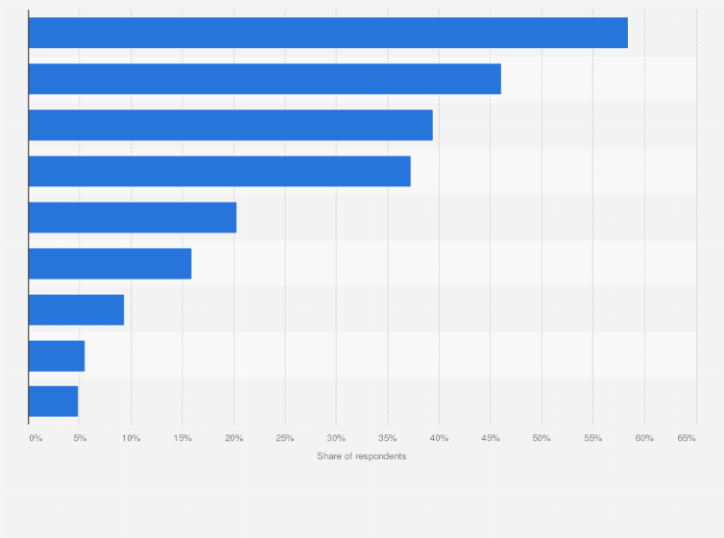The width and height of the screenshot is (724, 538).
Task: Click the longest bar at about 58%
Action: pos(327,33)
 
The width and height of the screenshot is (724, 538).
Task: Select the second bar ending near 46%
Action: pos(264,79)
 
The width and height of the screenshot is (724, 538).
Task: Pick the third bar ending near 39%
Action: pos(230,125)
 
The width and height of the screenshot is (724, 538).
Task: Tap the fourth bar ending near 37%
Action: pos(219,171)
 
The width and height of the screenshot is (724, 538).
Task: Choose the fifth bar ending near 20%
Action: pos(133,217)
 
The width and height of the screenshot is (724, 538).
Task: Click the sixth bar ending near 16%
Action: pos(109,263)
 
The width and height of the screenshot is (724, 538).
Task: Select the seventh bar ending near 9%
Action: pos(76,309)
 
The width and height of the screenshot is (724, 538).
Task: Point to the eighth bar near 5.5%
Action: pos(57,355)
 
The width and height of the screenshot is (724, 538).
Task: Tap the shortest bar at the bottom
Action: pos(53,402)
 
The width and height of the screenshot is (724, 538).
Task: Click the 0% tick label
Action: pos(36,438)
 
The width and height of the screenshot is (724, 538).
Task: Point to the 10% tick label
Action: pos(132,438)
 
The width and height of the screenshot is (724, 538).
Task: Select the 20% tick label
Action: pos(234,438)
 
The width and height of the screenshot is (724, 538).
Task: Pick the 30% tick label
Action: pos(336,438)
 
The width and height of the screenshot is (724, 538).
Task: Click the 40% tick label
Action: pos(439,438)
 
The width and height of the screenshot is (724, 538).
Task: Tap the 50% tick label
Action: pos(542,438)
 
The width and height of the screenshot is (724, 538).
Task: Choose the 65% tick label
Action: pos(687,438)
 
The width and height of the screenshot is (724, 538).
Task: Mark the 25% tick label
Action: pos(285,438)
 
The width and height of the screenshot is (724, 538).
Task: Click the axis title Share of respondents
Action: pos(361,455)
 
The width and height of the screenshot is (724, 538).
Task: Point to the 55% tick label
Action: pos(592,438)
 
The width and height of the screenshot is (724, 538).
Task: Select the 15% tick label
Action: pos(182,438)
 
